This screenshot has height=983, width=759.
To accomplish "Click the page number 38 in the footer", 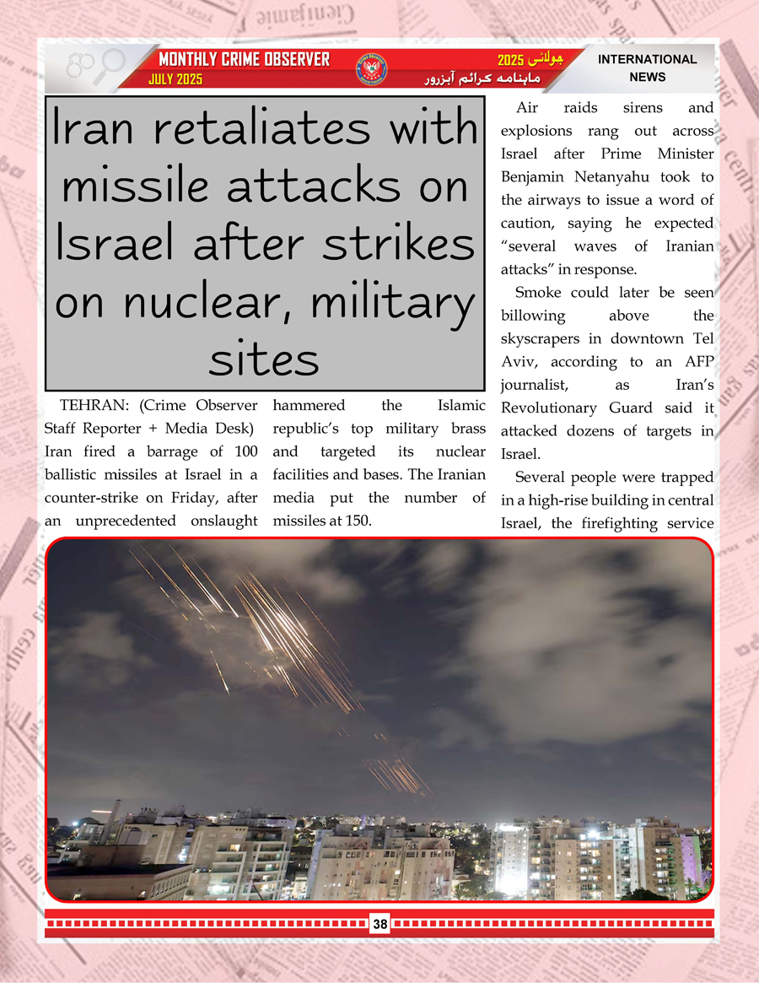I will [379, 925].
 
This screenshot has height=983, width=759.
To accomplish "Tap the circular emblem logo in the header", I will [372, 69].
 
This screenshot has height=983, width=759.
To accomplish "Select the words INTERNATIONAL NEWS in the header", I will [647, 68].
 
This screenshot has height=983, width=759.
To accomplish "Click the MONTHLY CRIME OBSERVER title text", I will [245, 60].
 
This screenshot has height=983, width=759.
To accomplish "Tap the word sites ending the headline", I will [264, 359].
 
